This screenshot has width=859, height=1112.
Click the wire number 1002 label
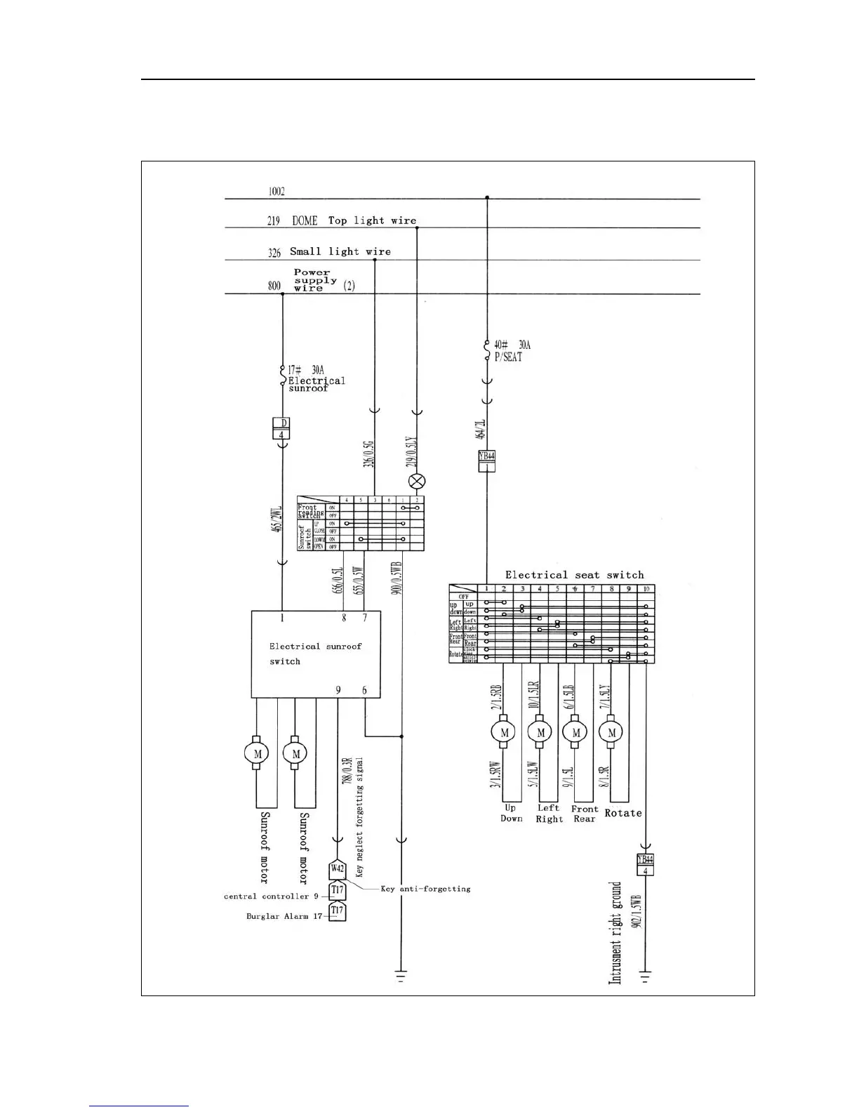276,192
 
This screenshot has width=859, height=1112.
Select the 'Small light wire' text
340,251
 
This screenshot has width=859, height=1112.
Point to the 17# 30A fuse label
306,369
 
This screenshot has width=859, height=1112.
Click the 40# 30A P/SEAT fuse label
512,350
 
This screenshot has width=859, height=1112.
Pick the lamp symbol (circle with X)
417,482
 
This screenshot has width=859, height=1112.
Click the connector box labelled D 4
281,428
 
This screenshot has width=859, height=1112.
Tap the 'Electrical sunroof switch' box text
315,654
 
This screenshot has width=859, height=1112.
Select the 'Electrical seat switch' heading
574,575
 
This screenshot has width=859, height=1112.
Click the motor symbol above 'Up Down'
504,732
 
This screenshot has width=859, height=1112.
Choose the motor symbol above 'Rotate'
611,732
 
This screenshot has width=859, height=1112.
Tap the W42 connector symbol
338,869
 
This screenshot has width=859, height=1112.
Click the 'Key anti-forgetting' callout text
425,889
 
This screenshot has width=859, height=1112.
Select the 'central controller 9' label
271,896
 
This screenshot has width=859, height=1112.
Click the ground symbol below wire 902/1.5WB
645,975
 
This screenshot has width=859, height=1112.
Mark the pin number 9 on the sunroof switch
338,690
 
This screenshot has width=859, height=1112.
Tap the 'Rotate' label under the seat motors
622,813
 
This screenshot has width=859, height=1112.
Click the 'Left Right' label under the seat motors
549,814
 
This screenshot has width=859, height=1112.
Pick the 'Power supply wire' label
312,280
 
